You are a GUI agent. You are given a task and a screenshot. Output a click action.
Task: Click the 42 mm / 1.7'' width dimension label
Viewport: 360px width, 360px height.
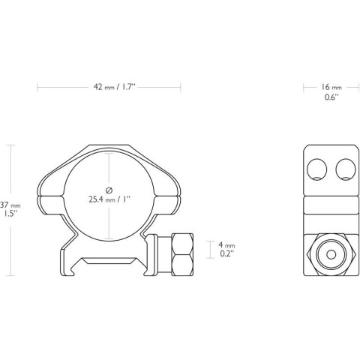(x=115, y=87)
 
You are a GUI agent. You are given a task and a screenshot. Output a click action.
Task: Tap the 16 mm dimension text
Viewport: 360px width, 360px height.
(x=331, y=87)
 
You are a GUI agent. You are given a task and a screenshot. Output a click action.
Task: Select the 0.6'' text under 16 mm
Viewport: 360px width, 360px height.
(x=331, y=97)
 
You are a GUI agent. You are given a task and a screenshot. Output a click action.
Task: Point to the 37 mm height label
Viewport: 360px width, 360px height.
(x=10, y=205)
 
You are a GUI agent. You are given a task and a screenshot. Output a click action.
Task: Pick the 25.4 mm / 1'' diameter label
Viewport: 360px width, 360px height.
(x=109, y=199)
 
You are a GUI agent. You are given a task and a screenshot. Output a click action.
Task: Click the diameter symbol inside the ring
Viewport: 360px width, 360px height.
(x=109, y=190)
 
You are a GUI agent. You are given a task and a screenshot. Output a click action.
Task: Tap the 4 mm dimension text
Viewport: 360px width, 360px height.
(x=226, y=244)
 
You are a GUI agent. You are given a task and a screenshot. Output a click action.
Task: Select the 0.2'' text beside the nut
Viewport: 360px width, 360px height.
(x=226, y=253)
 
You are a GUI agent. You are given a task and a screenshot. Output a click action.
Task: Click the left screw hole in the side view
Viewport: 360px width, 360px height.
(x=316, y=169)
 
